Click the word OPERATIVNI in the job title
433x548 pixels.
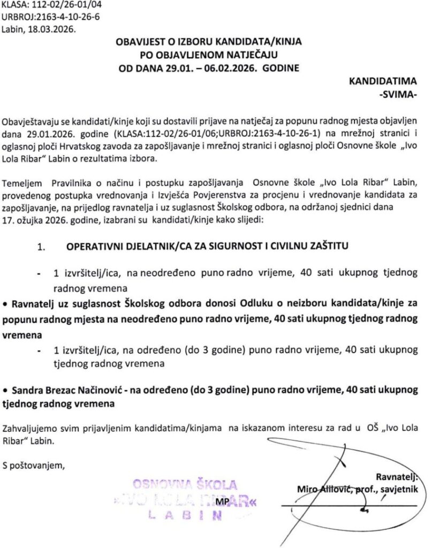(x=96, y=247)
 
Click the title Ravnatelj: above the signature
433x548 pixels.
(x=396, y=476)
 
